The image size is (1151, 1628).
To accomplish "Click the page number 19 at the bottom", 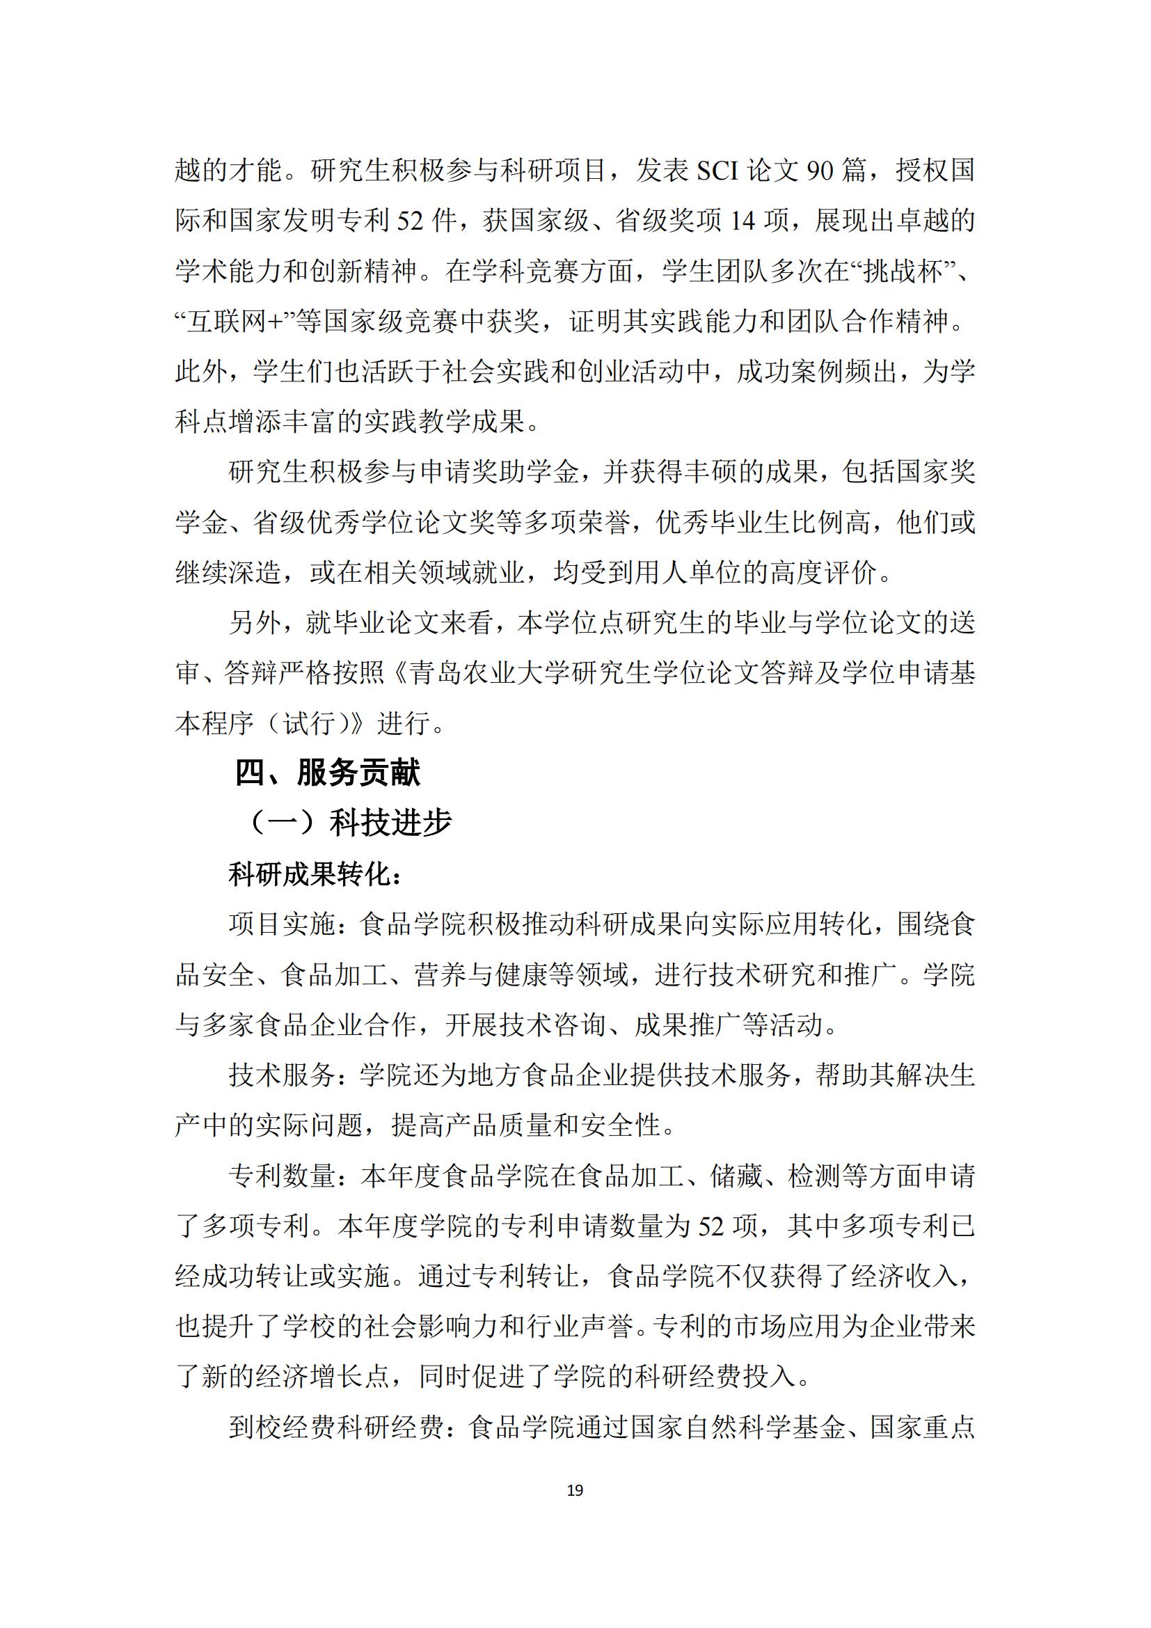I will click(x=575, y=1490).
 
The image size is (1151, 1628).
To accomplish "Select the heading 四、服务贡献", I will click(x=328, y=772).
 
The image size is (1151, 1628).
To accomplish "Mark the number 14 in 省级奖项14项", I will click(x=743, y=221).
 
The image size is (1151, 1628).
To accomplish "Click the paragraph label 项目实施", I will click(x=282, y=924).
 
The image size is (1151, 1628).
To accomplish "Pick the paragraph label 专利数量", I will click(x=282, y=1176).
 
